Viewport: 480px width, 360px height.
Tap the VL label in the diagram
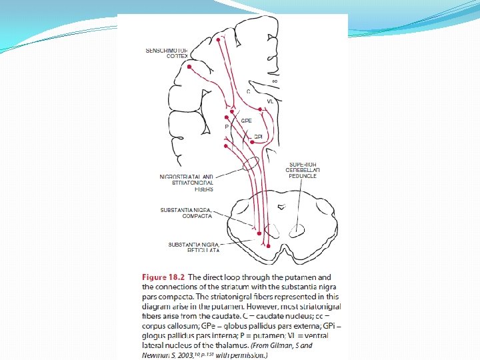[x=269, y=101]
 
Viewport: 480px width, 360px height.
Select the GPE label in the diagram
[x=246, y=121]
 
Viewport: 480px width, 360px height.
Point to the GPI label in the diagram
[x=258, y=137]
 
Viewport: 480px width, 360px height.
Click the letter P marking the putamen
[x=227, y=126]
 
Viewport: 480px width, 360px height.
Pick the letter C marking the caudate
[x=249, y=91]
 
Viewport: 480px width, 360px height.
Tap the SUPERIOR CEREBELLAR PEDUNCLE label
[x=303, y=170]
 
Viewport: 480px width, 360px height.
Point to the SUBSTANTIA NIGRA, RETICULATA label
[x=193, y=247]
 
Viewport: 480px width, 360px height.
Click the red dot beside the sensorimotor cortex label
[x=190, y=67]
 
